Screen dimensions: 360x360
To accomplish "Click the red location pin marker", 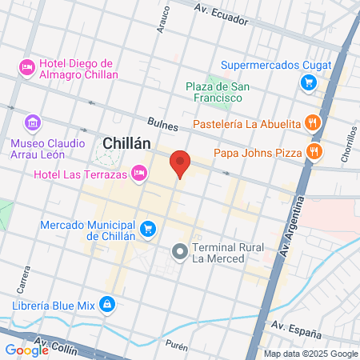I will click(181, 163).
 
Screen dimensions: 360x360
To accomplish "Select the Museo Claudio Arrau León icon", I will click(32, 122).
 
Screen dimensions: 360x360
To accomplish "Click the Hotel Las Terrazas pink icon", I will click(139, 172).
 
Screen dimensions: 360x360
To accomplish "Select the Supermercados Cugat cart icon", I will click(308, 82).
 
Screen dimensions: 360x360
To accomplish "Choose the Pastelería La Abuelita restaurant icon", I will click(314, 123).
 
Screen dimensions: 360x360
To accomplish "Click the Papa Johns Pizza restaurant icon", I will click(314, 151).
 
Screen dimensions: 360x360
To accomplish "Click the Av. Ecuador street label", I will click(220, 10).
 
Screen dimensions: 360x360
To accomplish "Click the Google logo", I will click(26, 350).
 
